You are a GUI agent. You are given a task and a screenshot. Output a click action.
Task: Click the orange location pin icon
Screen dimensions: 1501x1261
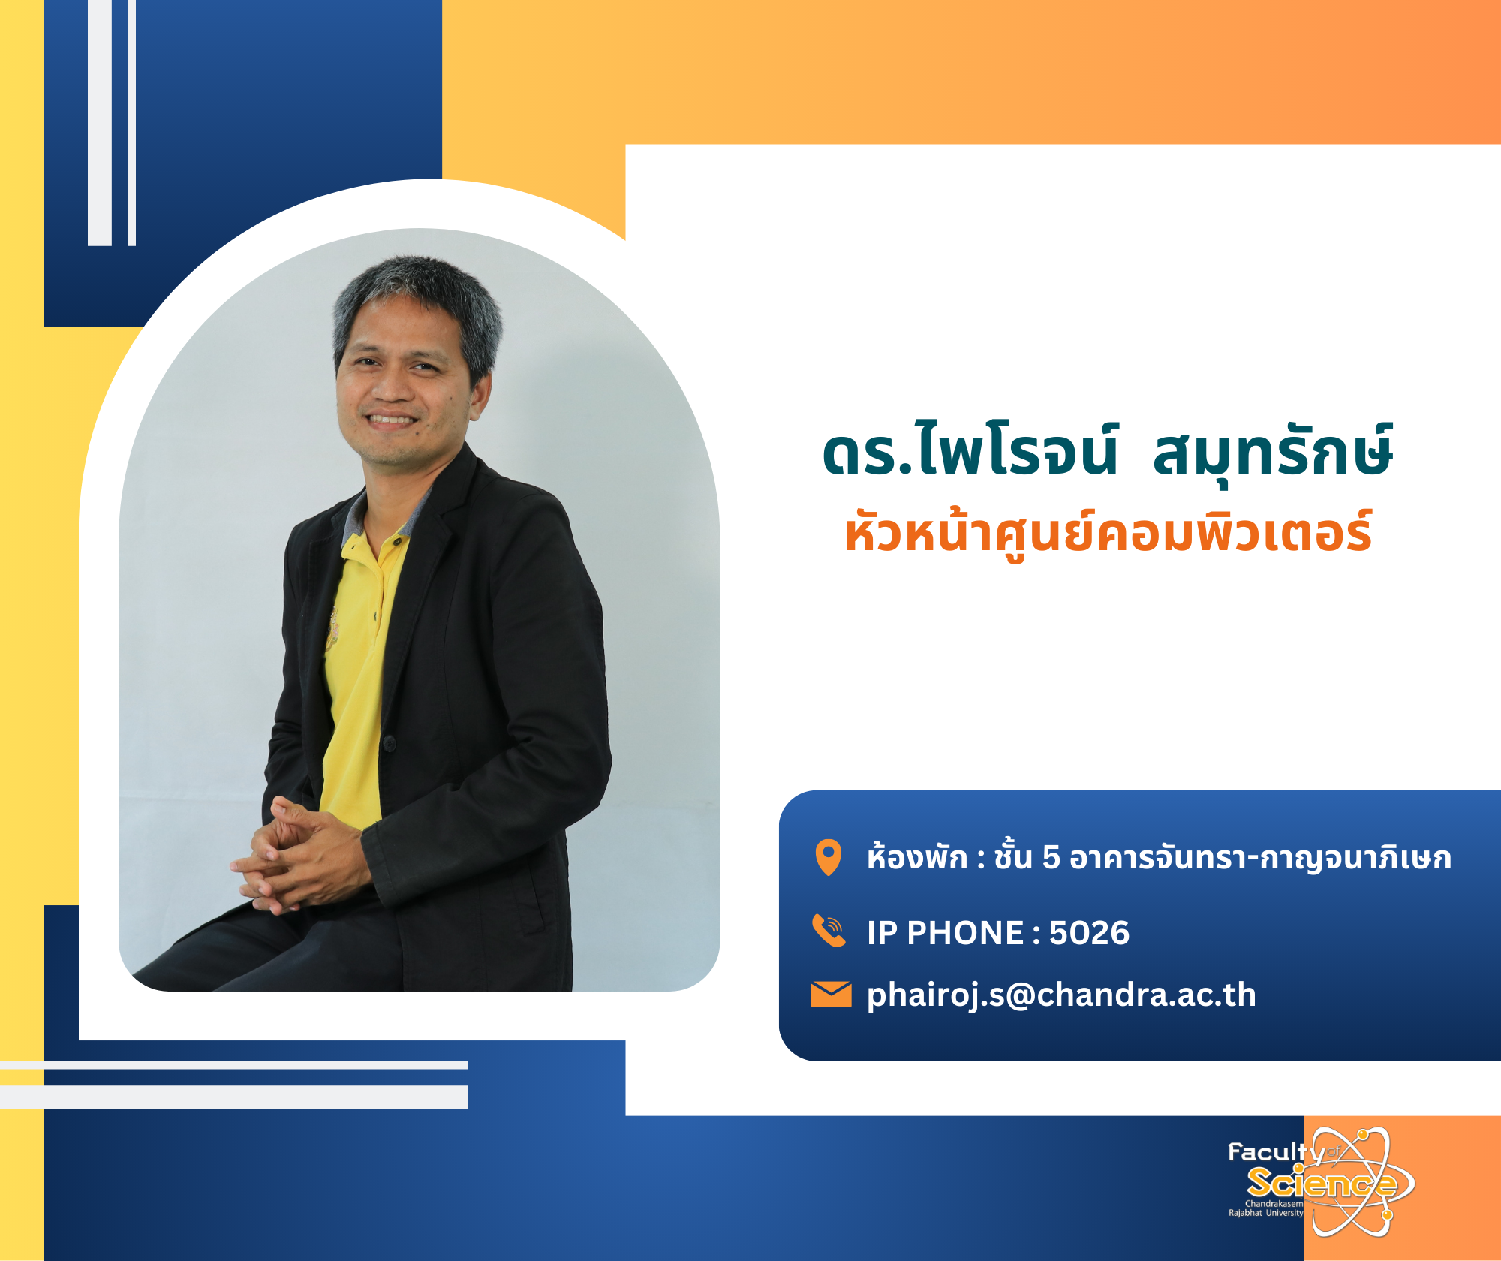tap(828, 857)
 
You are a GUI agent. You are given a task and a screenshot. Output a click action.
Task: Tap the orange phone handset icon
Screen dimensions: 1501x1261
tap(829, 931)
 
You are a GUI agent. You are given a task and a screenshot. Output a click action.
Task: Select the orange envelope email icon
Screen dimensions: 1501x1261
tap(831, 994)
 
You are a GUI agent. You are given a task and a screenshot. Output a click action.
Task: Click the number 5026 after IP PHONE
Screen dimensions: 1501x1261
tap(1089, 933)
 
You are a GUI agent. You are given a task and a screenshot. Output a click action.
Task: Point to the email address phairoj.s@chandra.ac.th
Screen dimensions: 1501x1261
tap(1061, 995)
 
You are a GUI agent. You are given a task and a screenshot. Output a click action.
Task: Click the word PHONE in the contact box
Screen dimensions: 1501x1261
tap(965, 933)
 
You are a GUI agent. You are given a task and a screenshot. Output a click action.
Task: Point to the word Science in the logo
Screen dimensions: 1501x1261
tap(1322, 1183)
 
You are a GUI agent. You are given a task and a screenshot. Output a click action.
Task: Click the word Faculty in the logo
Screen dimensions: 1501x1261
tap(1276, 1153)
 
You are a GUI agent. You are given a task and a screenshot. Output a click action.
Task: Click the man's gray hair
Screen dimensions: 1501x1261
tap(420, 300)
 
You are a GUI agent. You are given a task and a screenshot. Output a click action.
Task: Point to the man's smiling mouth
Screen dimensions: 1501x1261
tap(390, 421)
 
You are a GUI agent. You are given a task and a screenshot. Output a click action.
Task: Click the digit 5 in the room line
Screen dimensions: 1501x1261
tap(1051, 858)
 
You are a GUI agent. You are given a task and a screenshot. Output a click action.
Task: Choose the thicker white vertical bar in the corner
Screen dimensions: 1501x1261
tap(100, 122)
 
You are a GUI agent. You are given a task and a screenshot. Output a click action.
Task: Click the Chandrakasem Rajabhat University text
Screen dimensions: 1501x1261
tap(1266, 1208)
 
